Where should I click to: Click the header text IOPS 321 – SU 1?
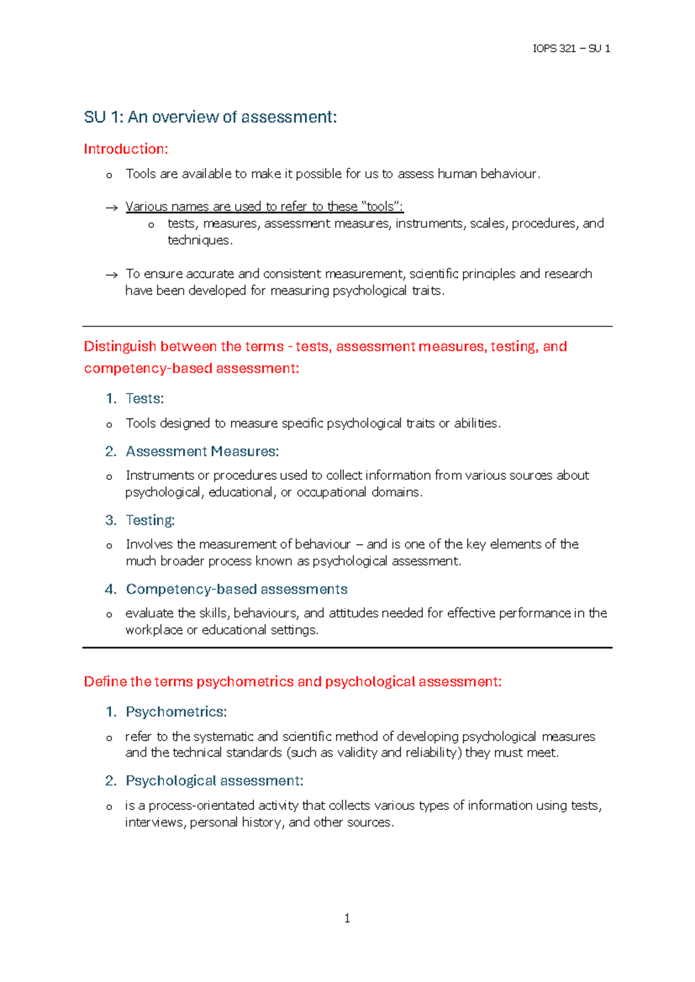click(x=571, y=49)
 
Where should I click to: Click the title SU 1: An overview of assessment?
click(x=210, y=118)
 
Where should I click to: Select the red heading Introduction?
click(x=126, y=149)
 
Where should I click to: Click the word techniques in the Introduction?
click(x=199, y=240)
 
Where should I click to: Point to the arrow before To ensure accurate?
click(x=111, y=275)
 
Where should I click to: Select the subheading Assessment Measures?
click(x=202, y=451)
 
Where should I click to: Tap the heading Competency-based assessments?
click(x=236, y=589)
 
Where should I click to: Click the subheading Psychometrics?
click(x=176, y=712)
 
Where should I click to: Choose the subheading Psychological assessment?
click(x=214, y=781)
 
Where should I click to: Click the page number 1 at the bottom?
click(x=347, y=918)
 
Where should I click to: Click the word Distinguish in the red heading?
click(x=120, y=347)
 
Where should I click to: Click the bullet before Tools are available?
click(x=109, y=175)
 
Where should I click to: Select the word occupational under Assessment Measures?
click(x=331, y=492)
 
